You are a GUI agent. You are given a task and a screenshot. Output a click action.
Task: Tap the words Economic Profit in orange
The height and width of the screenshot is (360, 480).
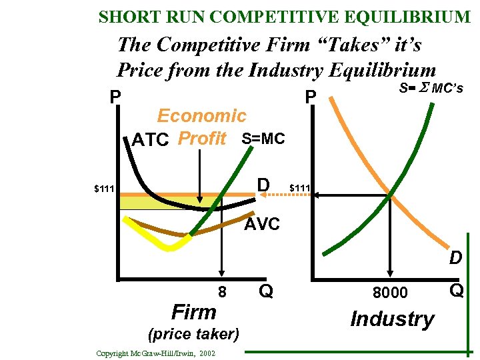pyautogui.click(x=201, y=127)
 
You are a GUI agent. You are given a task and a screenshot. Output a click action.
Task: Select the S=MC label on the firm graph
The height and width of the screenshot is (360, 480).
pyautogui.click(x=263, y=139)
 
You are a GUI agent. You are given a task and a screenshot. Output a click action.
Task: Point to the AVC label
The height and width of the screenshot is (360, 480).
pyautogui.click(x=262, y=225)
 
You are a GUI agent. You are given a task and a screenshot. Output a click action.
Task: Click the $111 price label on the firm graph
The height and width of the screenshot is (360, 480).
pyautogui.click(x=104, y=189)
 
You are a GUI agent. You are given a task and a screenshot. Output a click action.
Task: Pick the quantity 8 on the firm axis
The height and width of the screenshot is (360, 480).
pyautogui.click(x=222, y=291)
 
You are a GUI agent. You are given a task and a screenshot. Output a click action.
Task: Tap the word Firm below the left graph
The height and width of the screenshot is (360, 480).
pyautogui.click(x=193, y=312)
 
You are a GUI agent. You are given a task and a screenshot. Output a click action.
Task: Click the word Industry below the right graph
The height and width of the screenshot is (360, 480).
pyautogui.click(x=392, y=319)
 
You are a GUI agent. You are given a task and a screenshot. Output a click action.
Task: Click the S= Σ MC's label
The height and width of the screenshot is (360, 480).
pyautogui.click(x=431, y=88)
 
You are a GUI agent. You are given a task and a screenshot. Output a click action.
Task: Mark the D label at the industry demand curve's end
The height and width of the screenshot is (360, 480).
pyautogui.click(x=455, y=257)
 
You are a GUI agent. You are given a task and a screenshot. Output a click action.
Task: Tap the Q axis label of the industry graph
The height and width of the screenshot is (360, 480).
pyautogui.click(x=457, y=290)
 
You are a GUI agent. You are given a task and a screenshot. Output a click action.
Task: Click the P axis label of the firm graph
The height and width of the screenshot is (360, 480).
pyautogui.click(x=115, y=97)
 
